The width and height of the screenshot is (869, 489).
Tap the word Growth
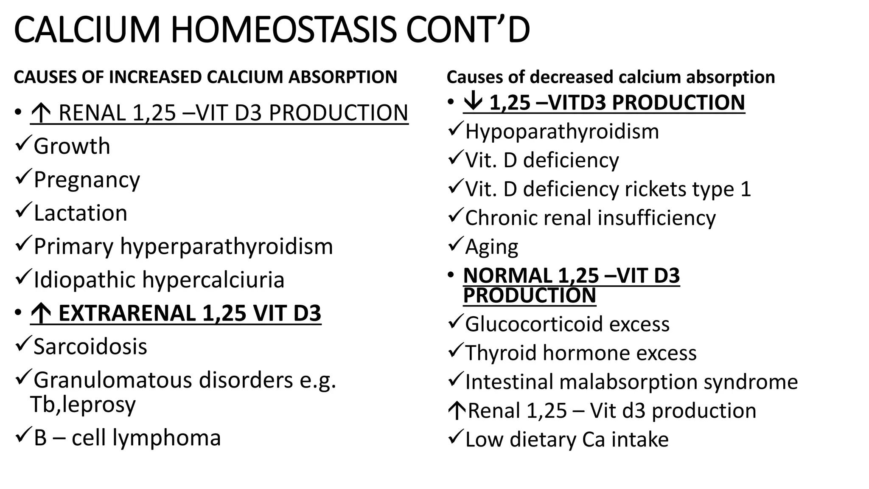[72, 146]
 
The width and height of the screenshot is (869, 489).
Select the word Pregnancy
[87, 180]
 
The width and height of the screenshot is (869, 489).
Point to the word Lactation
[80, 213]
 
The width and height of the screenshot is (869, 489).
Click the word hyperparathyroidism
[226, 247]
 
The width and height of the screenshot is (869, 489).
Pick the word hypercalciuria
[213, 280]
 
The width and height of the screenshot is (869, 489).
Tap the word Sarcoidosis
[90, 347]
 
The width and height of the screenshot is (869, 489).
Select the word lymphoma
[166, 438]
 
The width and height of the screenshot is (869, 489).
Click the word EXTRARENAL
[127, 313]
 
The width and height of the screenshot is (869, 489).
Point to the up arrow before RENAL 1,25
[41, 114]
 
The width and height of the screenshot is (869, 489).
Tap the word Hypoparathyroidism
[562, 132]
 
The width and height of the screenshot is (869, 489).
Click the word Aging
[491, 247]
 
